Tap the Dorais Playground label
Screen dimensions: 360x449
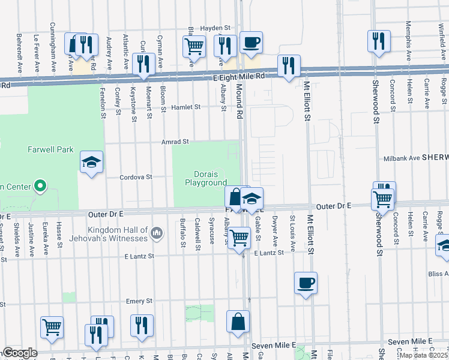click(x=205, y=178)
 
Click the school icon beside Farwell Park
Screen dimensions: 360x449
click(x=91, y=162)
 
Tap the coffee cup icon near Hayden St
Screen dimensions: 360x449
click(x=251, y=42)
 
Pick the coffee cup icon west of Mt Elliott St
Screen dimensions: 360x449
click(x=306, y=283)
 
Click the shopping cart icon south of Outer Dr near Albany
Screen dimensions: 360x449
click(x=240, y=238)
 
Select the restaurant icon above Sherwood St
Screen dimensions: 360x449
click(x=379, y=41)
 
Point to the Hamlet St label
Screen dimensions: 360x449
click(x=185, y=107)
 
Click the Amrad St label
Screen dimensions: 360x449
click(x=175, y=142)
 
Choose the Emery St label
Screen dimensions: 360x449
click(x=139, y=301)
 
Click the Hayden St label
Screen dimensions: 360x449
click(x=215, y=28)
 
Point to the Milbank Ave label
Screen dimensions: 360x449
click(x=402, y=158)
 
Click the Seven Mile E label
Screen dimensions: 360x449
click(x=274, y=345)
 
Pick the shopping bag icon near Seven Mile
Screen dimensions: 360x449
click(x=238, y=321)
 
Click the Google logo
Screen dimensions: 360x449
click(x=19, y=352)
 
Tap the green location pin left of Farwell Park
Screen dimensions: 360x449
click(x=40, y=186)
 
